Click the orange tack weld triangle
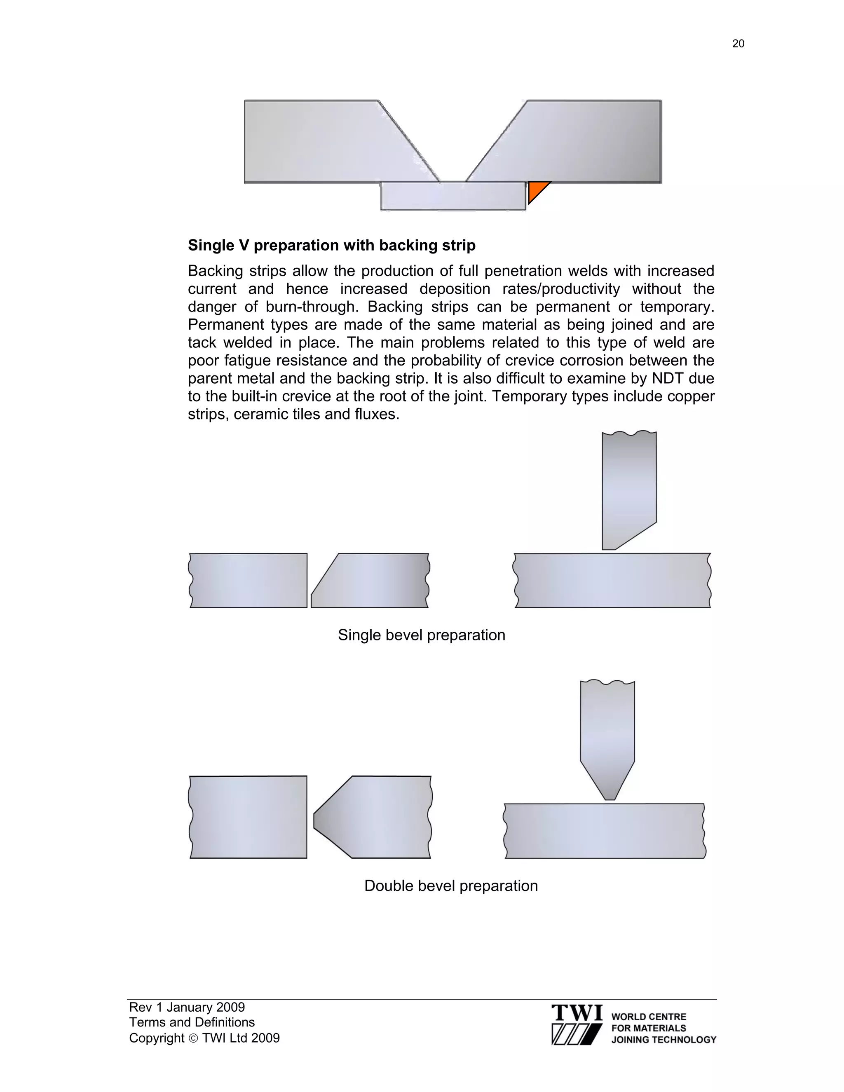536,190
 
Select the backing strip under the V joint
453,196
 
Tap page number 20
738,44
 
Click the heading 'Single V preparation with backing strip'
331,246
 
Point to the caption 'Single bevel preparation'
422,635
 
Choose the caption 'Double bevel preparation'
451,886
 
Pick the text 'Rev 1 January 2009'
187,1007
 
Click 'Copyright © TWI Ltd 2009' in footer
204,1038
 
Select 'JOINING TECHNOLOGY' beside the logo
663,1040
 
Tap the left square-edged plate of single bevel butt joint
248,581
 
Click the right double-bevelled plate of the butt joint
380,817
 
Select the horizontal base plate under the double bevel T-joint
604,831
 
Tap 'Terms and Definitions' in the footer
192,1022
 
